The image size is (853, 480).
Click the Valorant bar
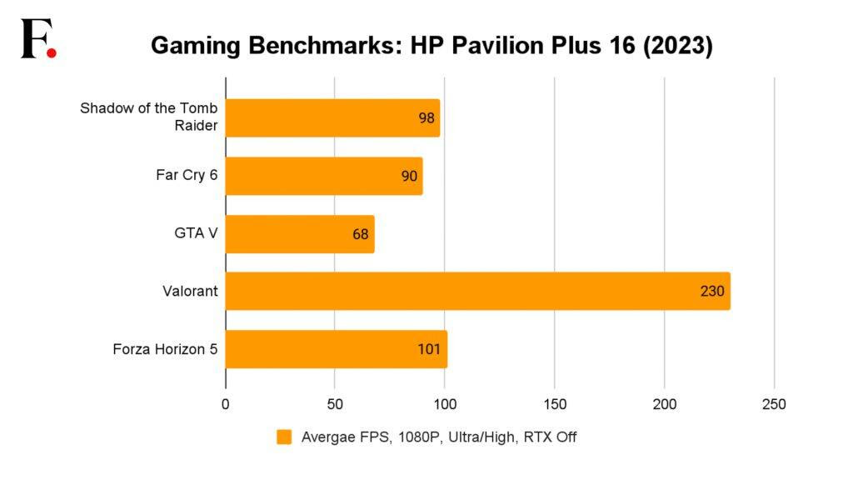(x=477, y=291)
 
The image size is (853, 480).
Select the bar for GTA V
(x=300, y=233)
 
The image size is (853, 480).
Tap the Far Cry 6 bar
(x=324, y=176)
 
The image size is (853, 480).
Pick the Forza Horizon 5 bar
(x=337, y=348)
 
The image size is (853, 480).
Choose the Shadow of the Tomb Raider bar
(x=332, y=117)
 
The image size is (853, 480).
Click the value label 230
(x=712, y=292)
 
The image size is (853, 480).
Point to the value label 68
(x=360, y=234)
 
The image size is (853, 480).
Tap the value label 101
(x=429, y=349)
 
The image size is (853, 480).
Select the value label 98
(x=426, y=118)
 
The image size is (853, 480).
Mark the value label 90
(x=409, y=177)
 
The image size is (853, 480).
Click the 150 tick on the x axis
(x=555, y=404)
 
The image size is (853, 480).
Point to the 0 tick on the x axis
(x=226, y=404)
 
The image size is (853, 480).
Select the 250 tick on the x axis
(x=774, y=404)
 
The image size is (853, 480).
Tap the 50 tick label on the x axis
(x=335, y=404)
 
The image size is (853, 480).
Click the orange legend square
(x=284, y=437)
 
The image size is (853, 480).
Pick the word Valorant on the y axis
(x=190, y=291)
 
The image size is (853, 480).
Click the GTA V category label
(x=191, y=233)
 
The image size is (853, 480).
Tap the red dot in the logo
(x=52, y=52)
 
